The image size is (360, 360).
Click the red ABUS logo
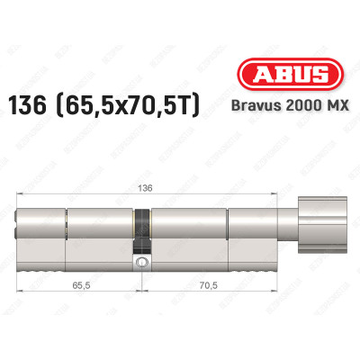click(x=290, y=75)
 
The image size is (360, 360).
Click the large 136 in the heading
click(x=27, y=105)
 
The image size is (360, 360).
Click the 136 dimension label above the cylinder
click(x=146, y=188)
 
